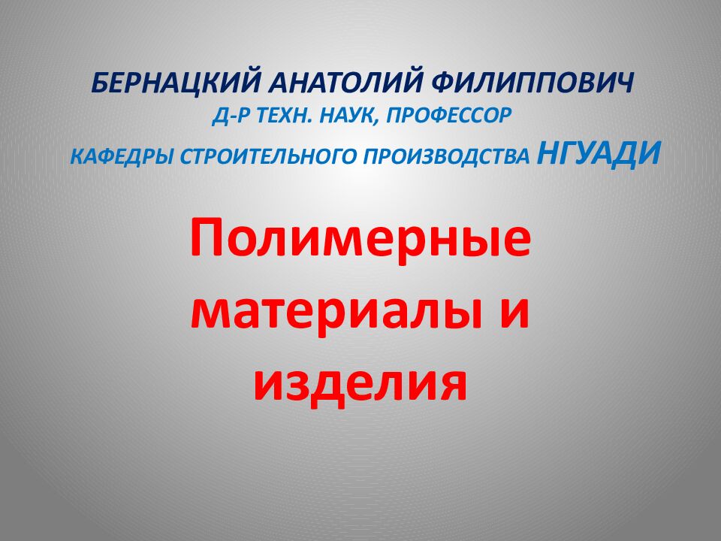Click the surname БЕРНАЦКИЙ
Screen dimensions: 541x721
tap(174, 81)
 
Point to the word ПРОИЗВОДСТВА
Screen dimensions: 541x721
tap(448, 157)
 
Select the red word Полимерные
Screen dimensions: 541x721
tap(360, 239)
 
